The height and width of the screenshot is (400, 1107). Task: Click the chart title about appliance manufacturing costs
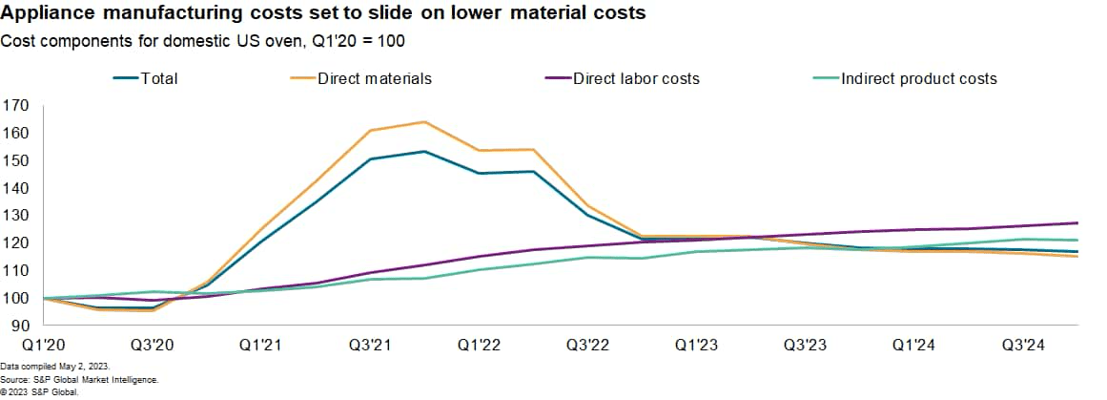pos(324,13)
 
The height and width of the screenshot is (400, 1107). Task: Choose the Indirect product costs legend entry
pos(918,78)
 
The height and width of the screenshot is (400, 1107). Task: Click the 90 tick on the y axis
pos(19,326)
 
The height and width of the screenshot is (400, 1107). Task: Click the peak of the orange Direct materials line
pos(423,122)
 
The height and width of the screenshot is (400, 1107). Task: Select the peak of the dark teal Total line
pos(423,152)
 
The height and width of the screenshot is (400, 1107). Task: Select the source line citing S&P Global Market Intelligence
pos(79,379)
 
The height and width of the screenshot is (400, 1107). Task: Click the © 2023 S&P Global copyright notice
pos(39,391)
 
